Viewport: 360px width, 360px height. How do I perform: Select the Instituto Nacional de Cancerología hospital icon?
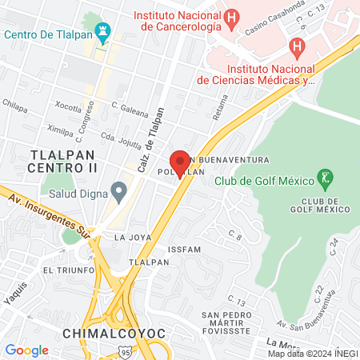[x=231, y=16]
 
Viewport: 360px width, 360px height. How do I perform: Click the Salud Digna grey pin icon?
[x=119, y=191]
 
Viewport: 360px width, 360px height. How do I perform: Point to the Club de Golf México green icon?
[x=325, y=177]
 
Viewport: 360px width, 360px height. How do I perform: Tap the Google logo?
[x=26, y=350]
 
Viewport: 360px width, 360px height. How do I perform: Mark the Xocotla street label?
[x=68, y=106]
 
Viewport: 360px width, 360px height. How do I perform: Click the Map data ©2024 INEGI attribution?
[x=312, y=354]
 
